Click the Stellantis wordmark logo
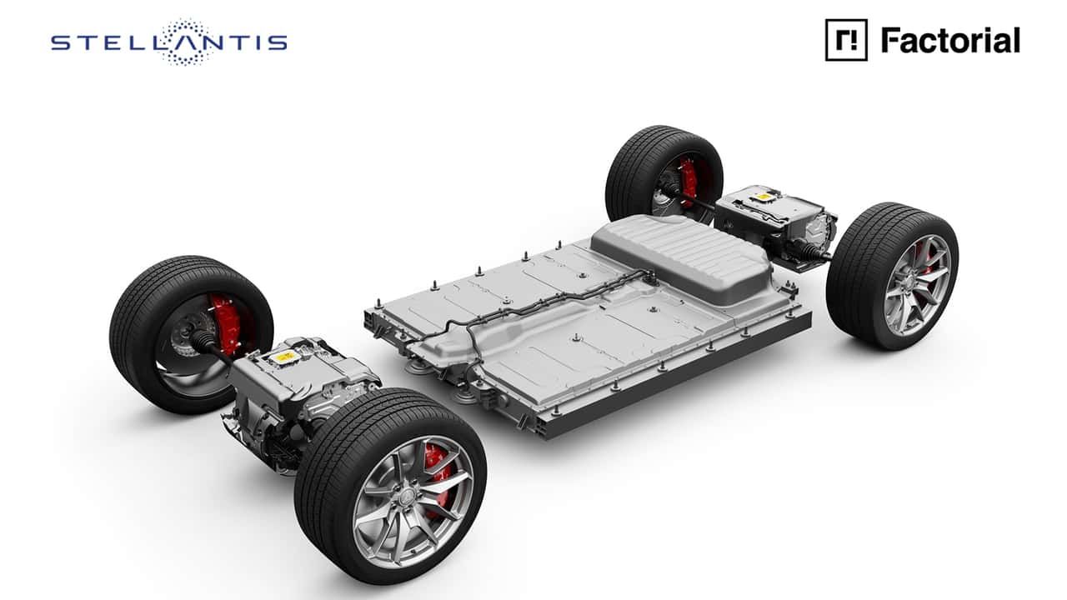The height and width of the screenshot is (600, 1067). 169,42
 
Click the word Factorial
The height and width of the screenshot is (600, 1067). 950,40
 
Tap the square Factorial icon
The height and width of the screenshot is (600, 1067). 846,40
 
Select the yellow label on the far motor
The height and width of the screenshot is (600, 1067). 763,196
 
